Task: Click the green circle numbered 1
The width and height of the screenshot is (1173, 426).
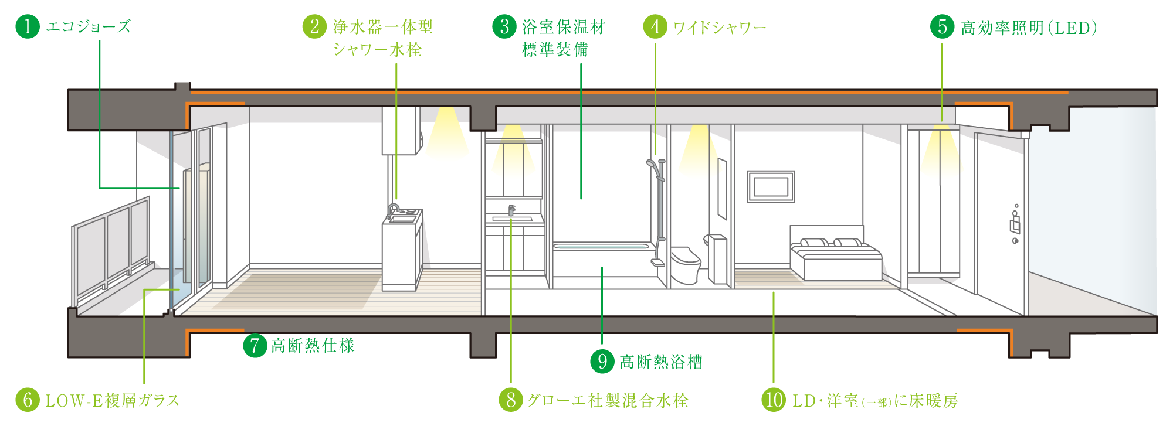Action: click(x=27, y=26)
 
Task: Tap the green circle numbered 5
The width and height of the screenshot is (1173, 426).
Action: click(x=942, y=26)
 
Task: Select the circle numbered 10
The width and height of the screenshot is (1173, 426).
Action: click(x=773, y=400)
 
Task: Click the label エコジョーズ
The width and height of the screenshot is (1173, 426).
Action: click(x=88, y=26)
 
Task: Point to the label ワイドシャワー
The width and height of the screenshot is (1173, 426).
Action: click(x=719, y=28)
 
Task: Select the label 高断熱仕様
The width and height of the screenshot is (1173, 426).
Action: click(x=313, y=345)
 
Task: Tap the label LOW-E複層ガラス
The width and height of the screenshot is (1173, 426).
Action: click(x=112, y=400)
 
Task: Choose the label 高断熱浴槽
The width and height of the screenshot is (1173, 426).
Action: click(x=660, y=362)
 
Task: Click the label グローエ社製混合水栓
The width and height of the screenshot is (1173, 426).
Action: click(x=607, y=400)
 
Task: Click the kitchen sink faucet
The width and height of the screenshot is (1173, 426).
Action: click(x=392, y=209)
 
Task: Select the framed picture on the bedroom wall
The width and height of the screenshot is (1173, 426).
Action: click(x=771, y=186)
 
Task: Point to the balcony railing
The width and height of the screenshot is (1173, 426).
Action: click(x=111, y=246)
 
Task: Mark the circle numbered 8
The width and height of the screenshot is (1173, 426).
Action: click(x=510, y=400)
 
